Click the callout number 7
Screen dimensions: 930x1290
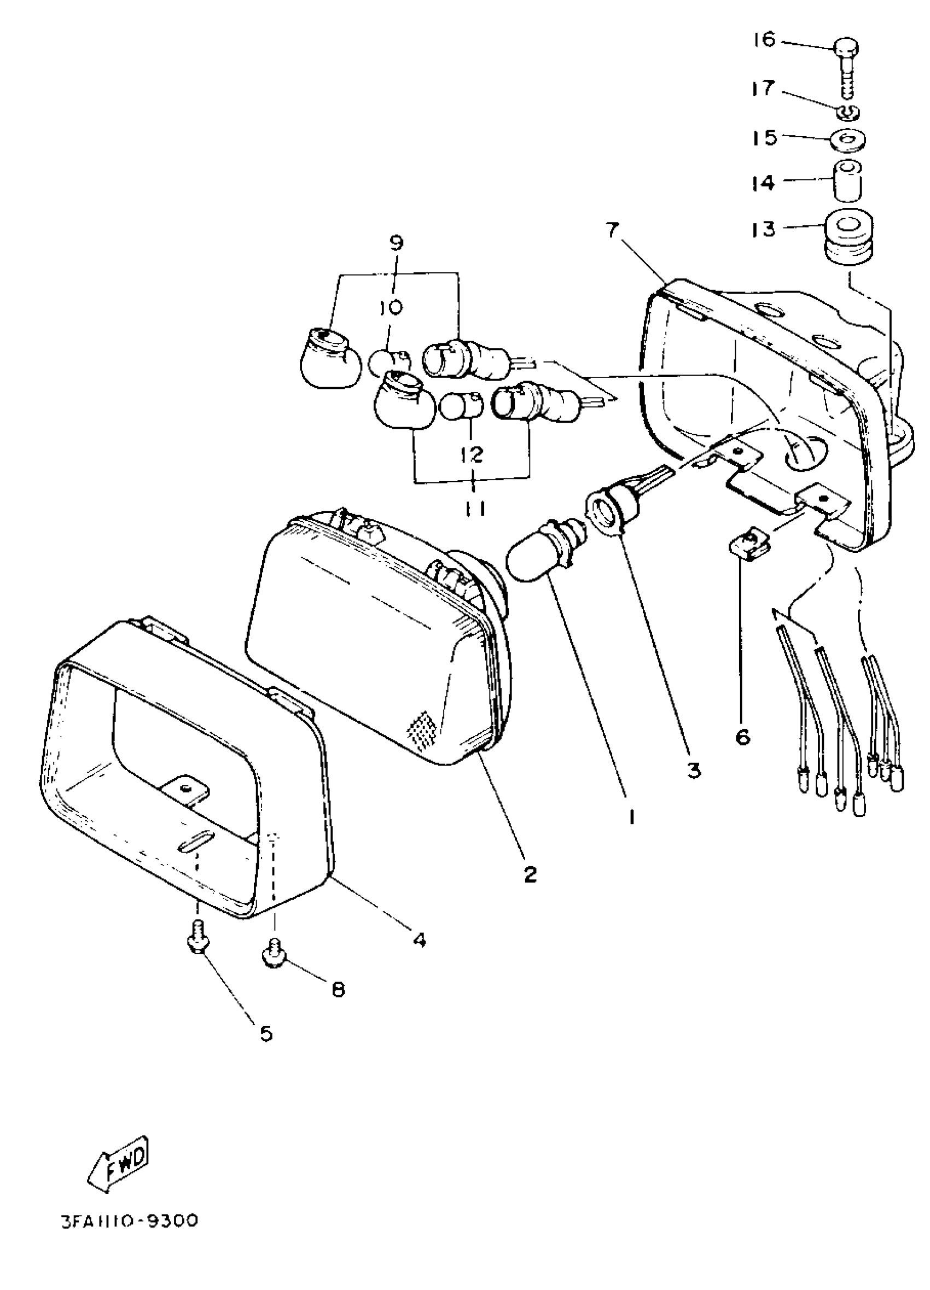611,231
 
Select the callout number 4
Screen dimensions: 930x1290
419,939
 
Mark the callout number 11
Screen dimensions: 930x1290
473,508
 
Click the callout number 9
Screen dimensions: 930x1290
396,243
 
